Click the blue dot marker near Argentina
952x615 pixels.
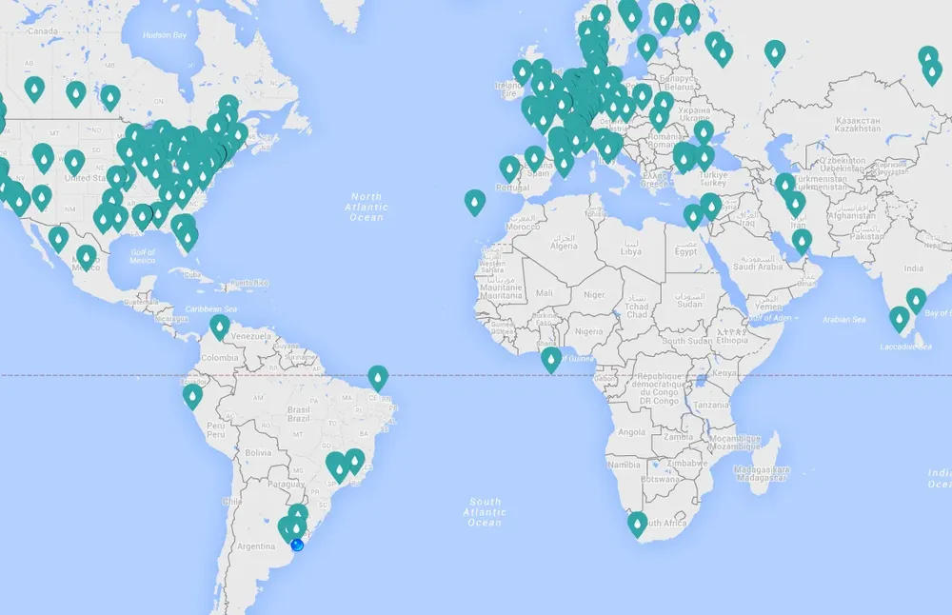[297, 545]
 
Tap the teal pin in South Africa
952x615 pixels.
[638, 523]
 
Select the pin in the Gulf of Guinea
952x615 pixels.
[550, 359]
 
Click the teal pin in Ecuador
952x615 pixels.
[193, 395]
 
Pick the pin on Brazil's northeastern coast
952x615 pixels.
[378, 378]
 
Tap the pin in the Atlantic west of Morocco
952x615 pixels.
[474, 201]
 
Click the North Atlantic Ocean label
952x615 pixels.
[367, 206]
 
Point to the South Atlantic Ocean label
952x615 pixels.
[485, 512]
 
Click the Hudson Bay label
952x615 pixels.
[163, 35]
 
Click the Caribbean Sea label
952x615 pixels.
[211, 309]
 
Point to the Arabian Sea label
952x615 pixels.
[846, 319]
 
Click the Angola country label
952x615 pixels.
[632, 431]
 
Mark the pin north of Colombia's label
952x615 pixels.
[220, 328]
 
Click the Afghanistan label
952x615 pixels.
[852, 214]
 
